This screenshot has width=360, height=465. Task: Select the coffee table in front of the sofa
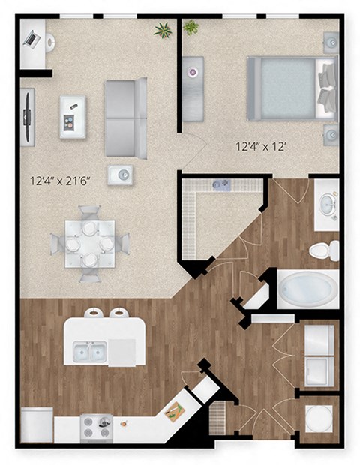click(73, 116)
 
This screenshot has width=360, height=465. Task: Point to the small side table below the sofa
click(121, 175)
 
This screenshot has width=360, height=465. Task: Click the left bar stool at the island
click(94, 313)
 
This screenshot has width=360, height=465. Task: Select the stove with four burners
click(96, 428)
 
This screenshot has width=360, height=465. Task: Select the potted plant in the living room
click(162, 30)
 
